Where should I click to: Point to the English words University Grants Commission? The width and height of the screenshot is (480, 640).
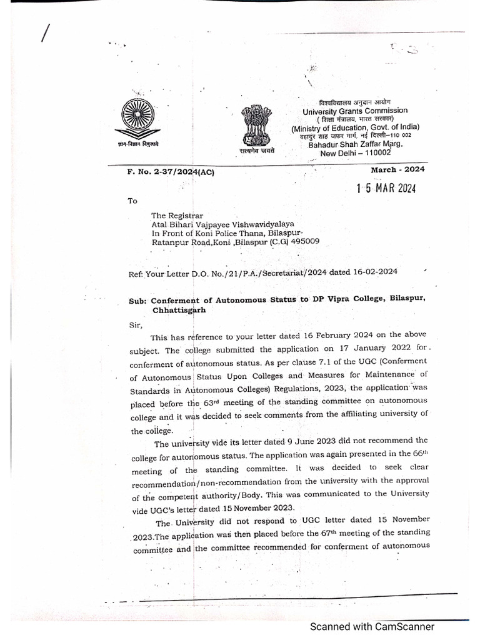[355, 111]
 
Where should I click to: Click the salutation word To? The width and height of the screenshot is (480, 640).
[131, 201]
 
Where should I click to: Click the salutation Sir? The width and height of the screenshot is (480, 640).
[135, 325]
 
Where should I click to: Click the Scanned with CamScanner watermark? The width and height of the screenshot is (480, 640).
[373, 626]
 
